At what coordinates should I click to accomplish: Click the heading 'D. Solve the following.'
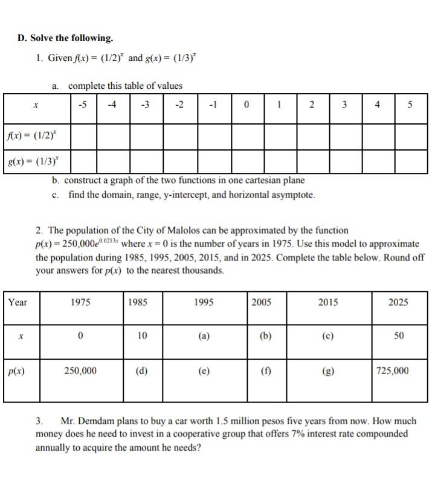pos(65,38)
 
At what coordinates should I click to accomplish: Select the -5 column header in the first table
pos(82,105)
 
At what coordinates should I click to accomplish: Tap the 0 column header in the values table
pos(246,105)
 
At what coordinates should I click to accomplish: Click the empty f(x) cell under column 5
pos(411,135)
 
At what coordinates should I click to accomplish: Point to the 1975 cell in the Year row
pos(80,302)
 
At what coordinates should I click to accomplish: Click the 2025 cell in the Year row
pos(398,302)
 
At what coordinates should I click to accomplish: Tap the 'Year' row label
pos(18,302)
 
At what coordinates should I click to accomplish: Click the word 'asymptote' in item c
pos(294,195)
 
